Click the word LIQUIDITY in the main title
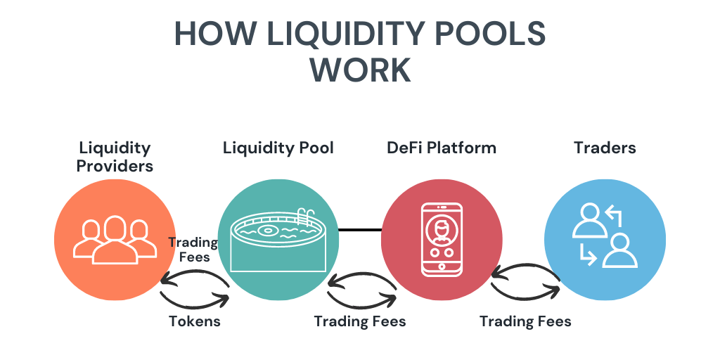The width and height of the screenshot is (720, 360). coord(329,34)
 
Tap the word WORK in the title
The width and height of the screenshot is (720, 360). coord(360,70)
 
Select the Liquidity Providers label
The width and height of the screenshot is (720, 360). coord(115,156)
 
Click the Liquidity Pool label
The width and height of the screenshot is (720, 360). coord(278,148)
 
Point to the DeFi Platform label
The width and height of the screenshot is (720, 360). coord(442,148)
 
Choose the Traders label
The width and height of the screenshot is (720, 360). coord(605,148)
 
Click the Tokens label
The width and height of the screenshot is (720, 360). coord(195,321)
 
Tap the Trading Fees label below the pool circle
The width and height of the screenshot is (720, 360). coord(360,321)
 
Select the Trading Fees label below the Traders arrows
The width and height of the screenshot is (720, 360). coord(525,321)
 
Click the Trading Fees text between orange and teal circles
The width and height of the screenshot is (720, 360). coord(192,250)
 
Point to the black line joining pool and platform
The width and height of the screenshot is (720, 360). coord(359,230)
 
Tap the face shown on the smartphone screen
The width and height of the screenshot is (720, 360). coord(442,229)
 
